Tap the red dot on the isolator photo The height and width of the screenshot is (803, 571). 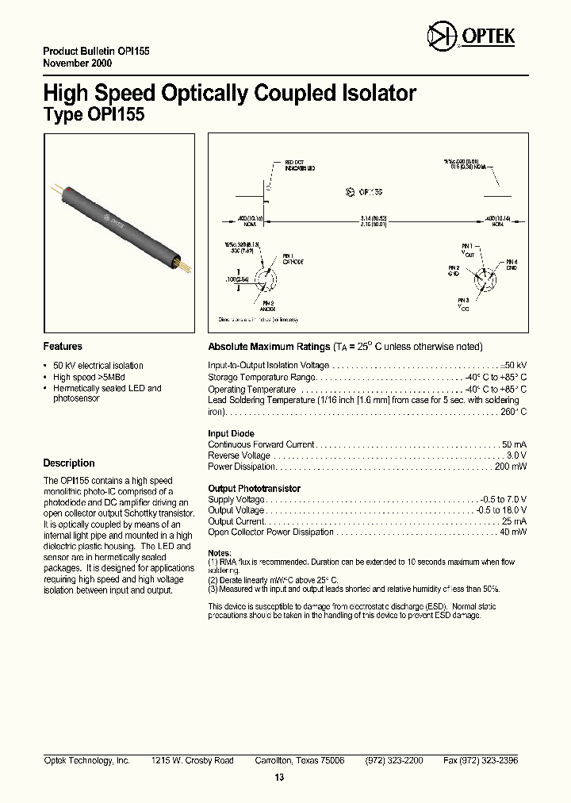73,190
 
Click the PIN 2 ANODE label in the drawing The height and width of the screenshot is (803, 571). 268,306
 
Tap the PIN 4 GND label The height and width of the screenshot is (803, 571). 512,265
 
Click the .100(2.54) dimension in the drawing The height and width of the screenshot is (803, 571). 237,279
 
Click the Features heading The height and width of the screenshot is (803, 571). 63,347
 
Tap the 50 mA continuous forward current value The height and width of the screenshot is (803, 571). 514,444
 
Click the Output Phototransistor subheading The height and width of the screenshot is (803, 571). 254,489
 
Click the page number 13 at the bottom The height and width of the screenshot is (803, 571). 279,777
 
